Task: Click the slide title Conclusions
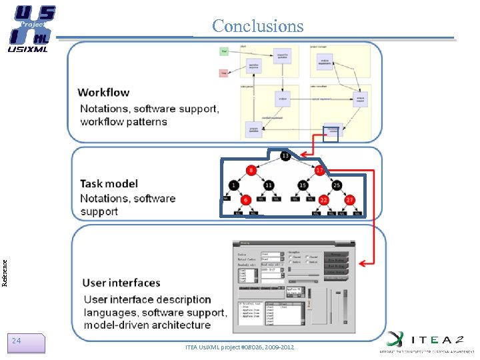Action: (257, 26)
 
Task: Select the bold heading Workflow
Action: (103, 92)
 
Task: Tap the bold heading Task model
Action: (109, 183)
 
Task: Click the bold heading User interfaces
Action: (121, 283)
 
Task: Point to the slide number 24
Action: (17, 341)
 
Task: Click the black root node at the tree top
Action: (285, 155)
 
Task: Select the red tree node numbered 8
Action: (251, 171)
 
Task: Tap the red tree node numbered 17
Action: (319, 171)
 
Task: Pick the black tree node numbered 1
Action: (234, 185)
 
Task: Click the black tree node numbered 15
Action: (303, 185)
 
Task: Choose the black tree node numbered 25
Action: (337, 185)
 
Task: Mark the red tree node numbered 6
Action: (246, 200)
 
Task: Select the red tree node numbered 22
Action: (324, 200)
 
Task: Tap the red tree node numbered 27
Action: (349, 200)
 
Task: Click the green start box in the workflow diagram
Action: (225, 51)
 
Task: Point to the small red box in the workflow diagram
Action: (225, 73)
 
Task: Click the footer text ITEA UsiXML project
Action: (239, 347)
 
